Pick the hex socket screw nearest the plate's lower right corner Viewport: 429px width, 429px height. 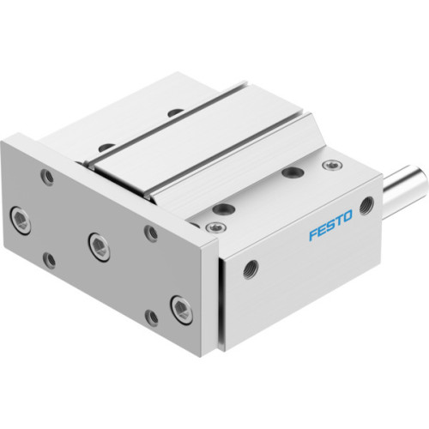[x=179, y=306]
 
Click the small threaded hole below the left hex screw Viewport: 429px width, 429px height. [x=49, y=257]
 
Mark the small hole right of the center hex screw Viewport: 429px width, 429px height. [x=151, y=232]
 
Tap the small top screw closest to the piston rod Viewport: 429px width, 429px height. [x=329, y=165]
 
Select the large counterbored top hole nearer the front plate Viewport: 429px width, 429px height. [x=227, y=207]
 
